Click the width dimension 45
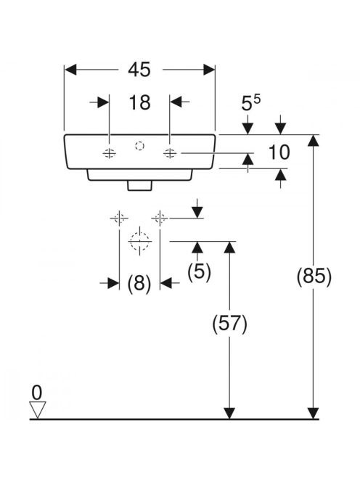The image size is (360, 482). coord(139,70)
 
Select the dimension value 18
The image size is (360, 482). coord(139,102)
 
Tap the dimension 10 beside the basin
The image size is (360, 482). coord(279,152)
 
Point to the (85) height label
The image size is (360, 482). coord(314,277)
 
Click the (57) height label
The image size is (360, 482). coord(229,324)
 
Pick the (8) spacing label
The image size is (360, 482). coord(139,282)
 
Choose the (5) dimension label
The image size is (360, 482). coord(199,271)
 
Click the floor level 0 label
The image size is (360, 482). coord(37,393)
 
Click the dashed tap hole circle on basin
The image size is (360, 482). coord(139,146)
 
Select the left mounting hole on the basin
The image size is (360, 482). coord(109,152)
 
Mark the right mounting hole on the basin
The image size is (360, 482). coord(170,152)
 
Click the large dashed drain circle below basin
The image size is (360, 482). coord(139,241)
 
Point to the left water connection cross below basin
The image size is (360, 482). coord(119,218)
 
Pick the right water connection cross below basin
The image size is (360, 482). coord(160,218)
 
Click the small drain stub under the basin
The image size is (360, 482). coord(139,186)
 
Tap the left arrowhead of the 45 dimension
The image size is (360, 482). coord(70,70)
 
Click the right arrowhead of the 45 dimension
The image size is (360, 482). coord(209,70)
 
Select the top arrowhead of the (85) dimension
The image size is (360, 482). coord(314,140)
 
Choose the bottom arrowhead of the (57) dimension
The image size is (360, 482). coord(229,413)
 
